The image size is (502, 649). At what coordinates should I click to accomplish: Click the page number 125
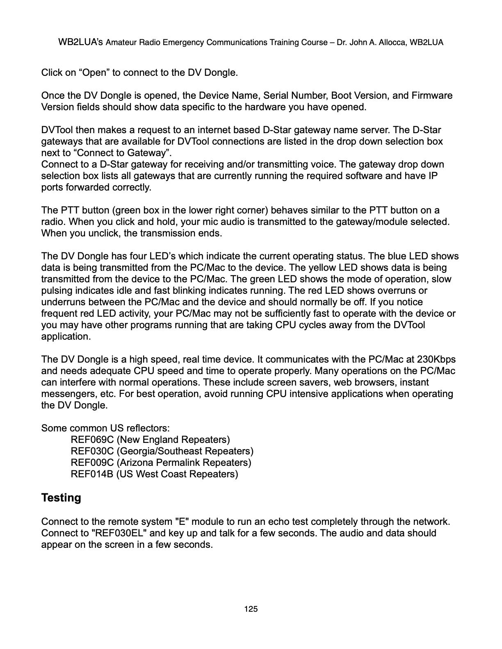tap(251, 609)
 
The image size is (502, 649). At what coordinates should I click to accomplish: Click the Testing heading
tap(61, 498)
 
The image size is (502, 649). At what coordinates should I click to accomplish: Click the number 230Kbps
tap(436, 360)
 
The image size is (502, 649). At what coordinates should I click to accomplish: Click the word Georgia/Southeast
tap(160, 452)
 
